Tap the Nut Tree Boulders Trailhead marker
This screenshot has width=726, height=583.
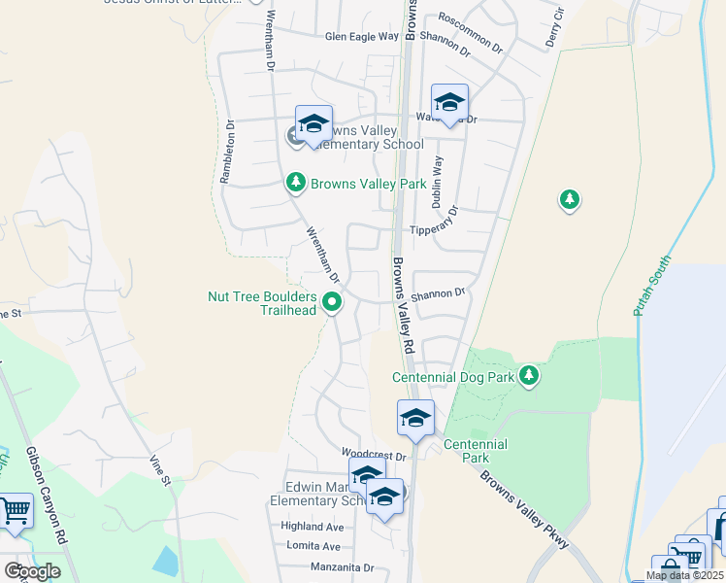pyautogui.click(x=332, y=303)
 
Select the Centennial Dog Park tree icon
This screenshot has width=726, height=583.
pyautogui.click(x=528, y=376)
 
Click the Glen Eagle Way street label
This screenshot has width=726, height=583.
pyautogui.click(x=362, y=37)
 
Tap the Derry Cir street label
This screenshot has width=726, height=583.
pyautogui.click(x=554, y=29)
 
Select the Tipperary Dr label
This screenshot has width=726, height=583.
pyautogui.click(x=433, y=230)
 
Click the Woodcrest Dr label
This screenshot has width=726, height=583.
pyautogui.click(x=373, y=455)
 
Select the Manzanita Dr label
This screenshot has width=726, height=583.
pyautogui.click(x=342, y=567)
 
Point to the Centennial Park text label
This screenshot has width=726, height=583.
pyautogui.click(x=475, y=451)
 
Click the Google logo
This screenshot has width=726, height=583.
pyautogui.click(x=32, y=571)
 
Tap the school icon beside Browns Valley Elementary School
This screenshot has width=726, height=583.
pyautogui.click(x=313, y=124)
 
